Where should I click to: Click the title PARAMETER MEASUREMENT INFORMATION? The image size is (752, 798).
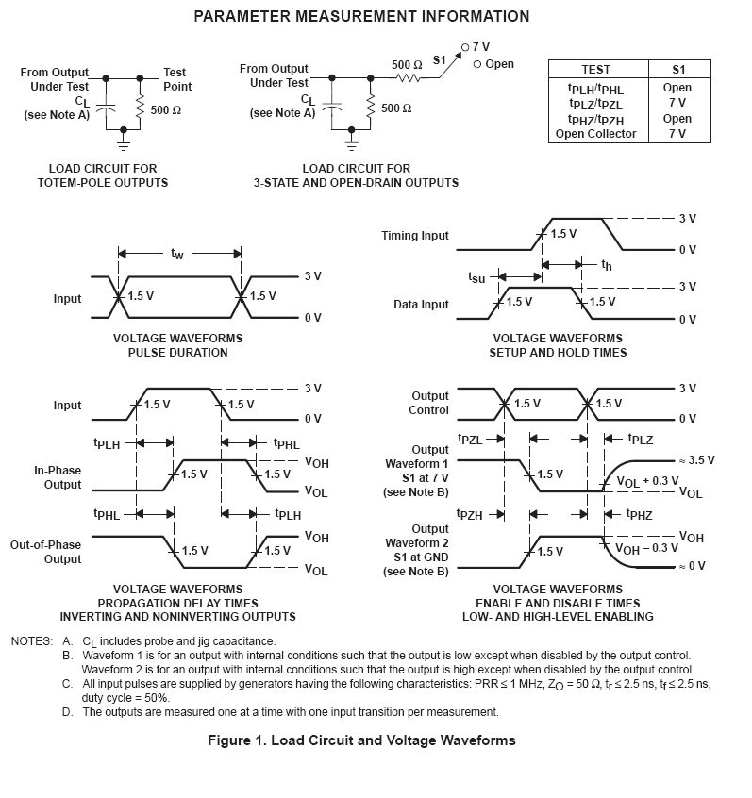click(x=361, y=17)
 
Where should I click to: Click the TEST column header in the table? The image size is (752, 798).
click(x=595, y=70)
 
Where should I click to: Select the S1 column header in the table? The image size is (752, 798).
click(x=677, y=70)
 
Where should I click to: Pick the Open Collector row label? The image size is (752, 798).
click(x=595, y=134)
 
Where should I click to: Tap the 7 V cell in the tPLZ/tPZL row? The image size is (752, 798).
click(x=677, y=103)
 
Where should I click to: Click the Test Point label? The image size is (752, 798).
click(x=176, y=79)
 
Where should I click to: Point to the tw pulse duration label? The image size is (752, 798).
click(x=177, y=254)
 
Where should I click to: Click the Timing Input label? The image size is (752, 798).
click(x=415, y=236)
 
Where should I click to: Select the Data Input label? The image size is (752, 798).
click(x=421, y=305)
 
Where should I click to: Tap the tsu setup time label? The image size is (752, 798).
click(x=476, y=278)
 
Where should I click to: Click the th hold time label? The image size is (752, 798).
click(x=607, y=267)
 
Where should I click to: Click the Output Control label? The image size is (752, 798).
click(x=429, y=404)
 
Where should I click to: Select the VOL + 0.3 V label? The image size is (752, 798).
click(x=647, y=481)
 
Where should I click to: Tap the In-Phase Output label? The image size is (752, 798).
click(x=58, y=477)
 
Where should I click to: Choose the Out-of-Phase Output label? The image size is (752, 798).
click(x=45, y=552)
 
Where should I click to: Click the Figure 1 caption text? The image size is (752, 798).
click(x=361, y=740)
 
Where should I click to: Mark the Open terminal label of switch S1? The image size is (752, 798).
click(x=499, y=64)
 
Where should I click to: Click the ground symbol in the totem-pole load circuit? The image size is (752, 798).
click(x=123, y=144)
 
